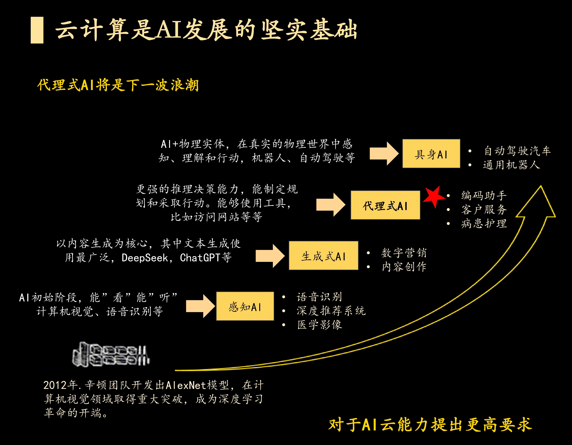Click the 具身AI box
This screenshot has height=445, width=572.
click(431, 154)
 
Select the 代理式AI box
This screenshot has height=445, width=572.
click(385, 205)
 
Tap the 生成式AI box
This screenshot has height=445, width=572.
click(323, 256)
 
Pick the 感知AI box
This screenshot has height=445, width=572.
click(245, 306)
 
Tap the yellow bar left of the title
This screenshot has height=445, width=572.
click(37, 30)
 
